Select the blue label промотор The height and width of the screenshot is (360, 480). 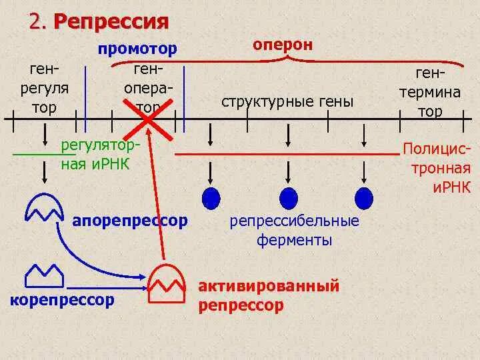pos(138,49)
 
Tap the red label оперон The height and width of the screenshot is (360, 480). pos(282,44)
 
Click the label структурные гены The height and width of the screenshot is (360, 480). pos(287,101)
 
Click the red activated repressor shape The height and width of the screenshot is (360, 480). pos(165,282)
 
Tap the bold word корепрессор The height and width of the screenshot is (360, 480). pos(63,300)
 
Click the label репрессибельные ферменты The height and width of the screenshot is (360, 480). pos(294,230)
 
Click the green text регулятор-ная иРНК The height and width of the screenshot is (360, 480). pos(101,154)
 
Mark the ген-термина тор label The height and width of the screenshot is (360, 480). pos(430,92)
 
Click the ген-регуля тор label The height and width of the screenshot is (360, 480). pos(44,88)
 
